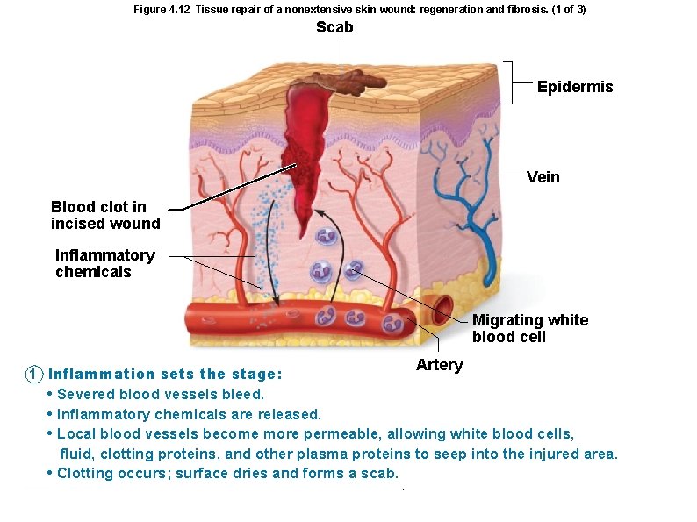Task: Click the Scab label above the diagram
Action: (x=334, y=27)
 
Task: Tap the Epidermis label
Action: (x=575, y=87)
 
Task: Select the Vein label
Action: (x=543, y=177)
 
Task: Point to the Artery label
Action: (x=439, y=365)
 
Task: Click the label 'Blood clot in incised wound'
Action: (x=105, y=215)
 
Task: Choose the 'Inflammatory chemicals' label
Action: (x=104, y=263)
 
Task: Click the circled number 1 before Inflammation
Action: (x=32, y=374)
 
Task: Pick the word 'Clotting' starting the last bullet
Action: (x=85, y=473)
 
